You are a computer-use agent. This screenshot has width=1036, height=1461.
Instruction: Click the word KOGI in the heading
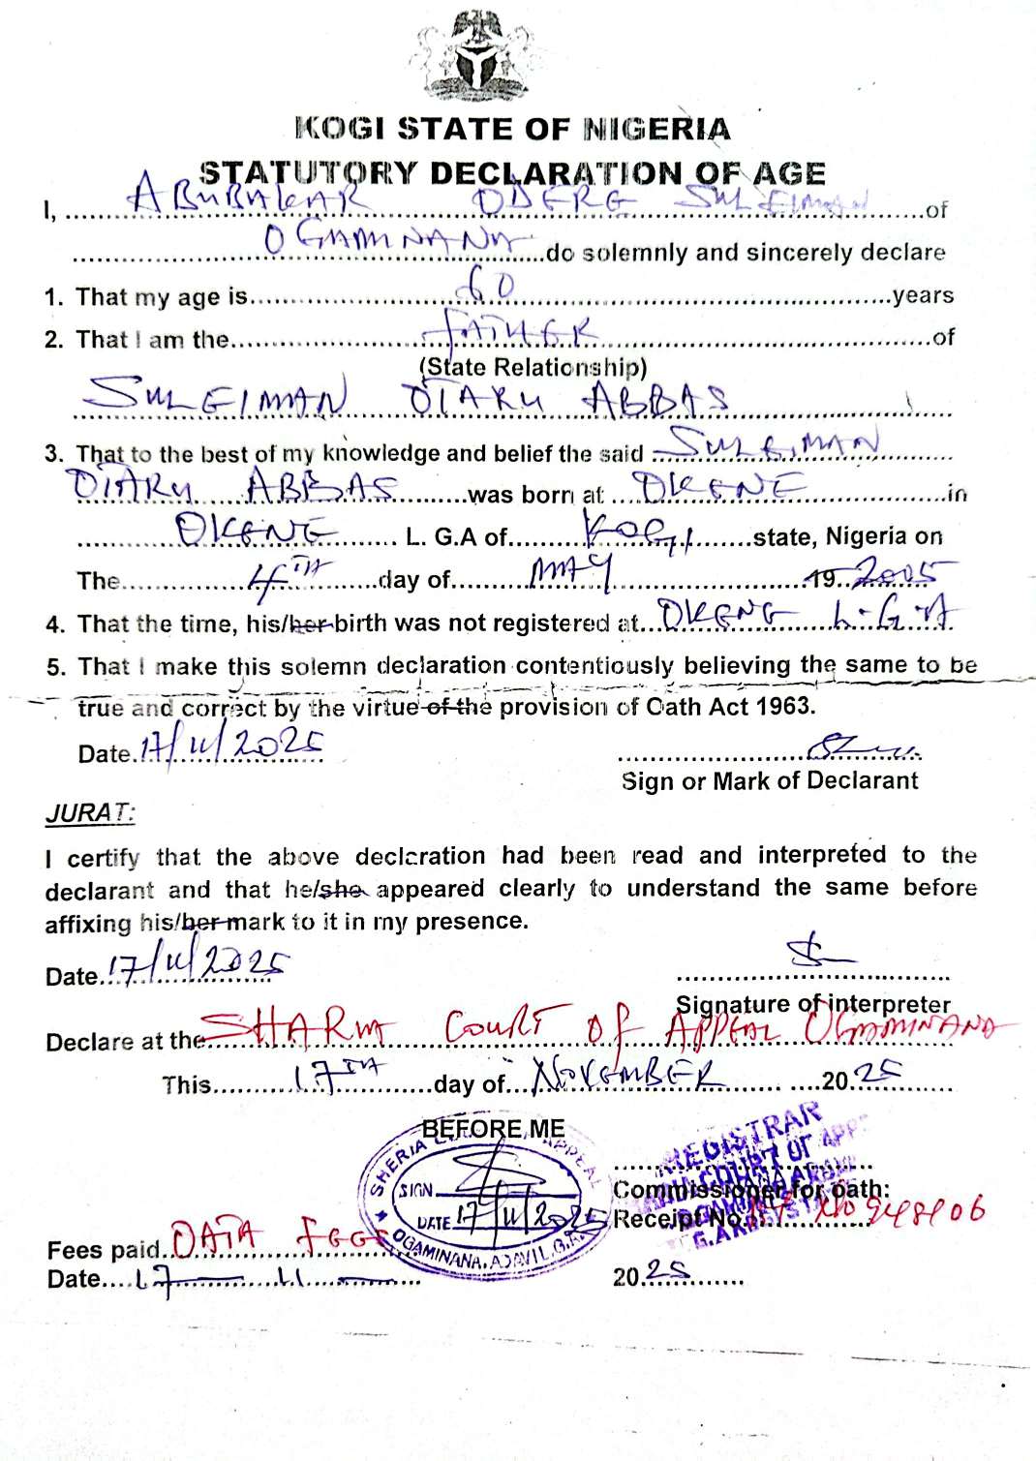341,129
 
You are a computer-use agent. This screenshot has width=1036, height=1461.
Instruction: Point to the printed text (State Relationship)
533,367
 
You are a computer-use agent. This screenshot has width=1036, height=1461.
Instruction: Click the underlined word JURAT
89,813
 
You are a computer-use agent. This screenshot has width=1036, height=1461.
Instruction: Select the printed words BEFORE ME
493,1129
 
